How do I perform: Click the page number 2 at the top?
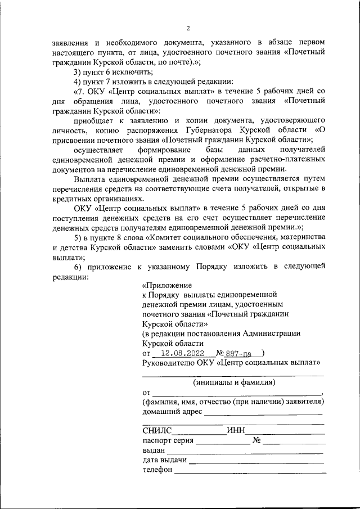[188, 29]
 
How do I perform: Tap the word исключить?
[136, 71]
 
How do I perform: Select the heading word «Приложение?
[167, 285]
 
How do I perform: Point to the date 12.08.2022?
[182, 353]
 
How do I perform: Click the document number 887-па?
[240, 353]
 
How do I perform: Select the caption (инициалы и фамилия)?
[233, 382]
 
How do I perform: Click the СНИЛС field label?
[156, 431]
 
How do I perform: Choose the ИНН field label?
[236, 431]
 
